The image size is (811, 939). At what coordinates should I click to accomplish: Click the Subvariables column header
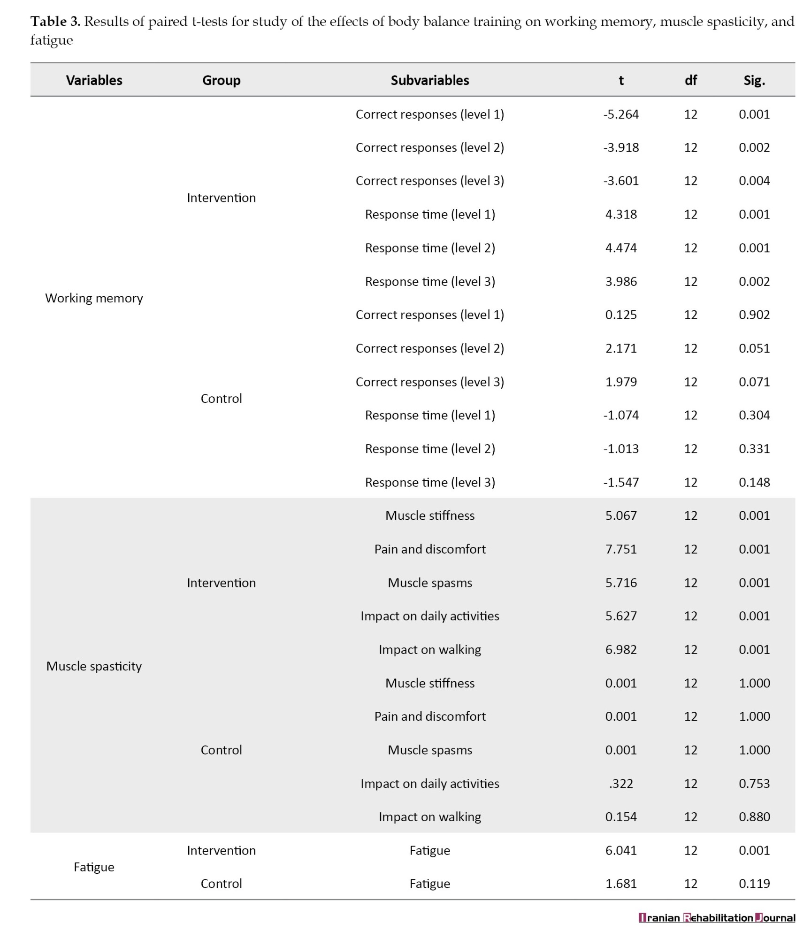[429, 80]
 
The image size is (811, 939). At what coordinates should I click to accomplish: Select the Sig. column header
[754, 80]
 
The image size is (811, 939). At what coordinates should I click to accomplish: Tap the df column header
[690, 80]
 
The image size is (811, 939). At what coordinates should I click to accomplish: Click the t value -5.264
[620, 114]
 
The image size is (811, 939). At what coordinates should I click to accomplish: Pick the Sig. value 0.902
[754, 315]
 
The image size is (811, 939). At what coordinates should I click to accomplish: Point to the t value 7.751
[620, 549]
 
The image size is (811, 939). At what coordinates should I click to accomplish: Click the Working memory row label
[94, 298]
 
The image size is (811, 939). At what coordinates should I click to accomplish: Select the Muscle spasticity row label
[94, 666]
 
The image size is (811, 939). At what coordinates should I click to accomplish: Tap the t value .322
[620, 783]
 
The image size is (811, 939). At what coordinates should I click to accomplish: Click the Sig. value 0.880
[754, 816]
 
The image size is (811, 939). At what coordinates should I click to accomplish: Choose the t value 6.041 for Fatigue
[620, 850]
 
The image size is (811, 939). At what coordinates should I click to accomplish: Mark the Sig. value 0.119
[754, 884]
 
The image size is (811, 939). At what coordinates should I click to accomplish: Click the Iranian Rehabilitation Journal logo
[716, 917]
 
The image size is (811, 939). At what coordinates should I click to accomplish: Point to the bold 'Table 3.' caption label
[55, 22]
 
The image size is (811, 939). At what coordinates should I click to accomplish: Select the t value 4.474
[620, 248]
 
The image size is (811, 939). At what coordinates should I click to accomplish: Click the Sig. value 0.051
[754, 348]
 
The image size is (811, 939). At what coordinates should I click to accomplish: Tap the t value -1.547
[620, 482]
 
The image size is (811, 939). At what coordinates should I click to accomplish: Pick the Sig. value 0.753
[754, 783]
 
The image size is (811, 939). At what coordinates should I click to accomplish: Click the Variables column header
[94, 80]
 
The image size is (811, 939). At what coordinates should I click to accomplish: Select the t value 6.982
[620, 649]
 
